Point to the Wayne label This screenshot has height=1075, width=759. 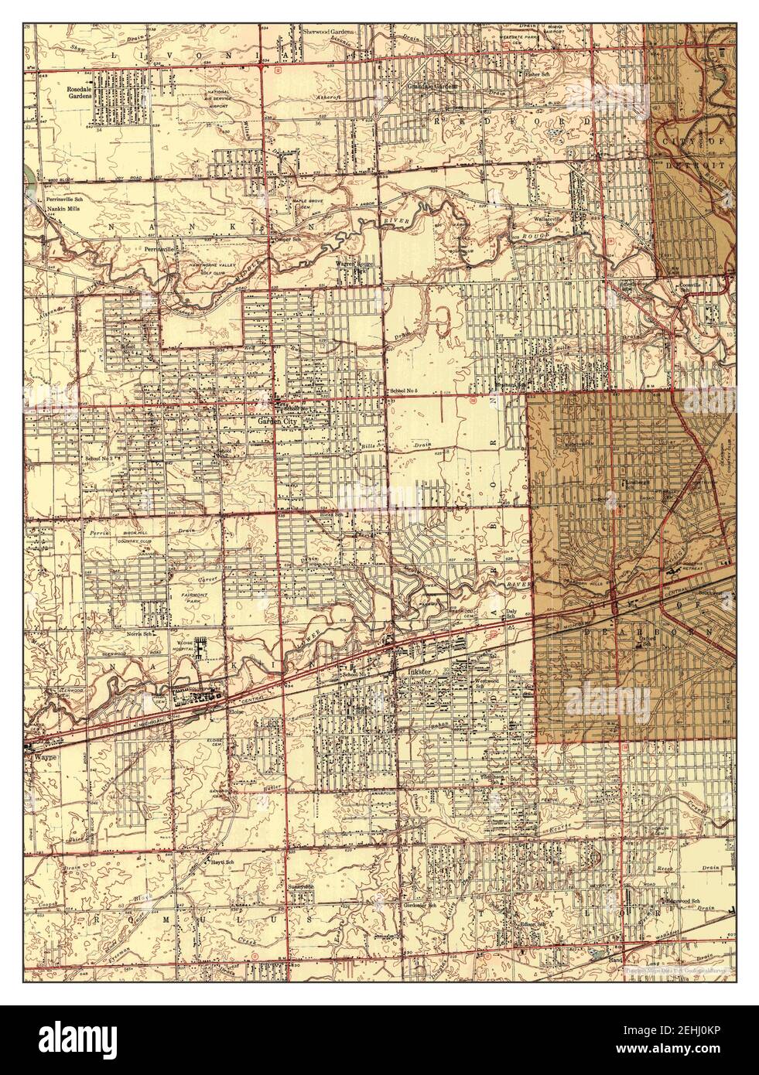[39, 758]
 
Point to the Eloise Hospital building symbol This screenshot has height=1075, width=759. [200, 646]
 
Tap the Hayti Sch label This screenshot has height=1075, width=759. [220, 861]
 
